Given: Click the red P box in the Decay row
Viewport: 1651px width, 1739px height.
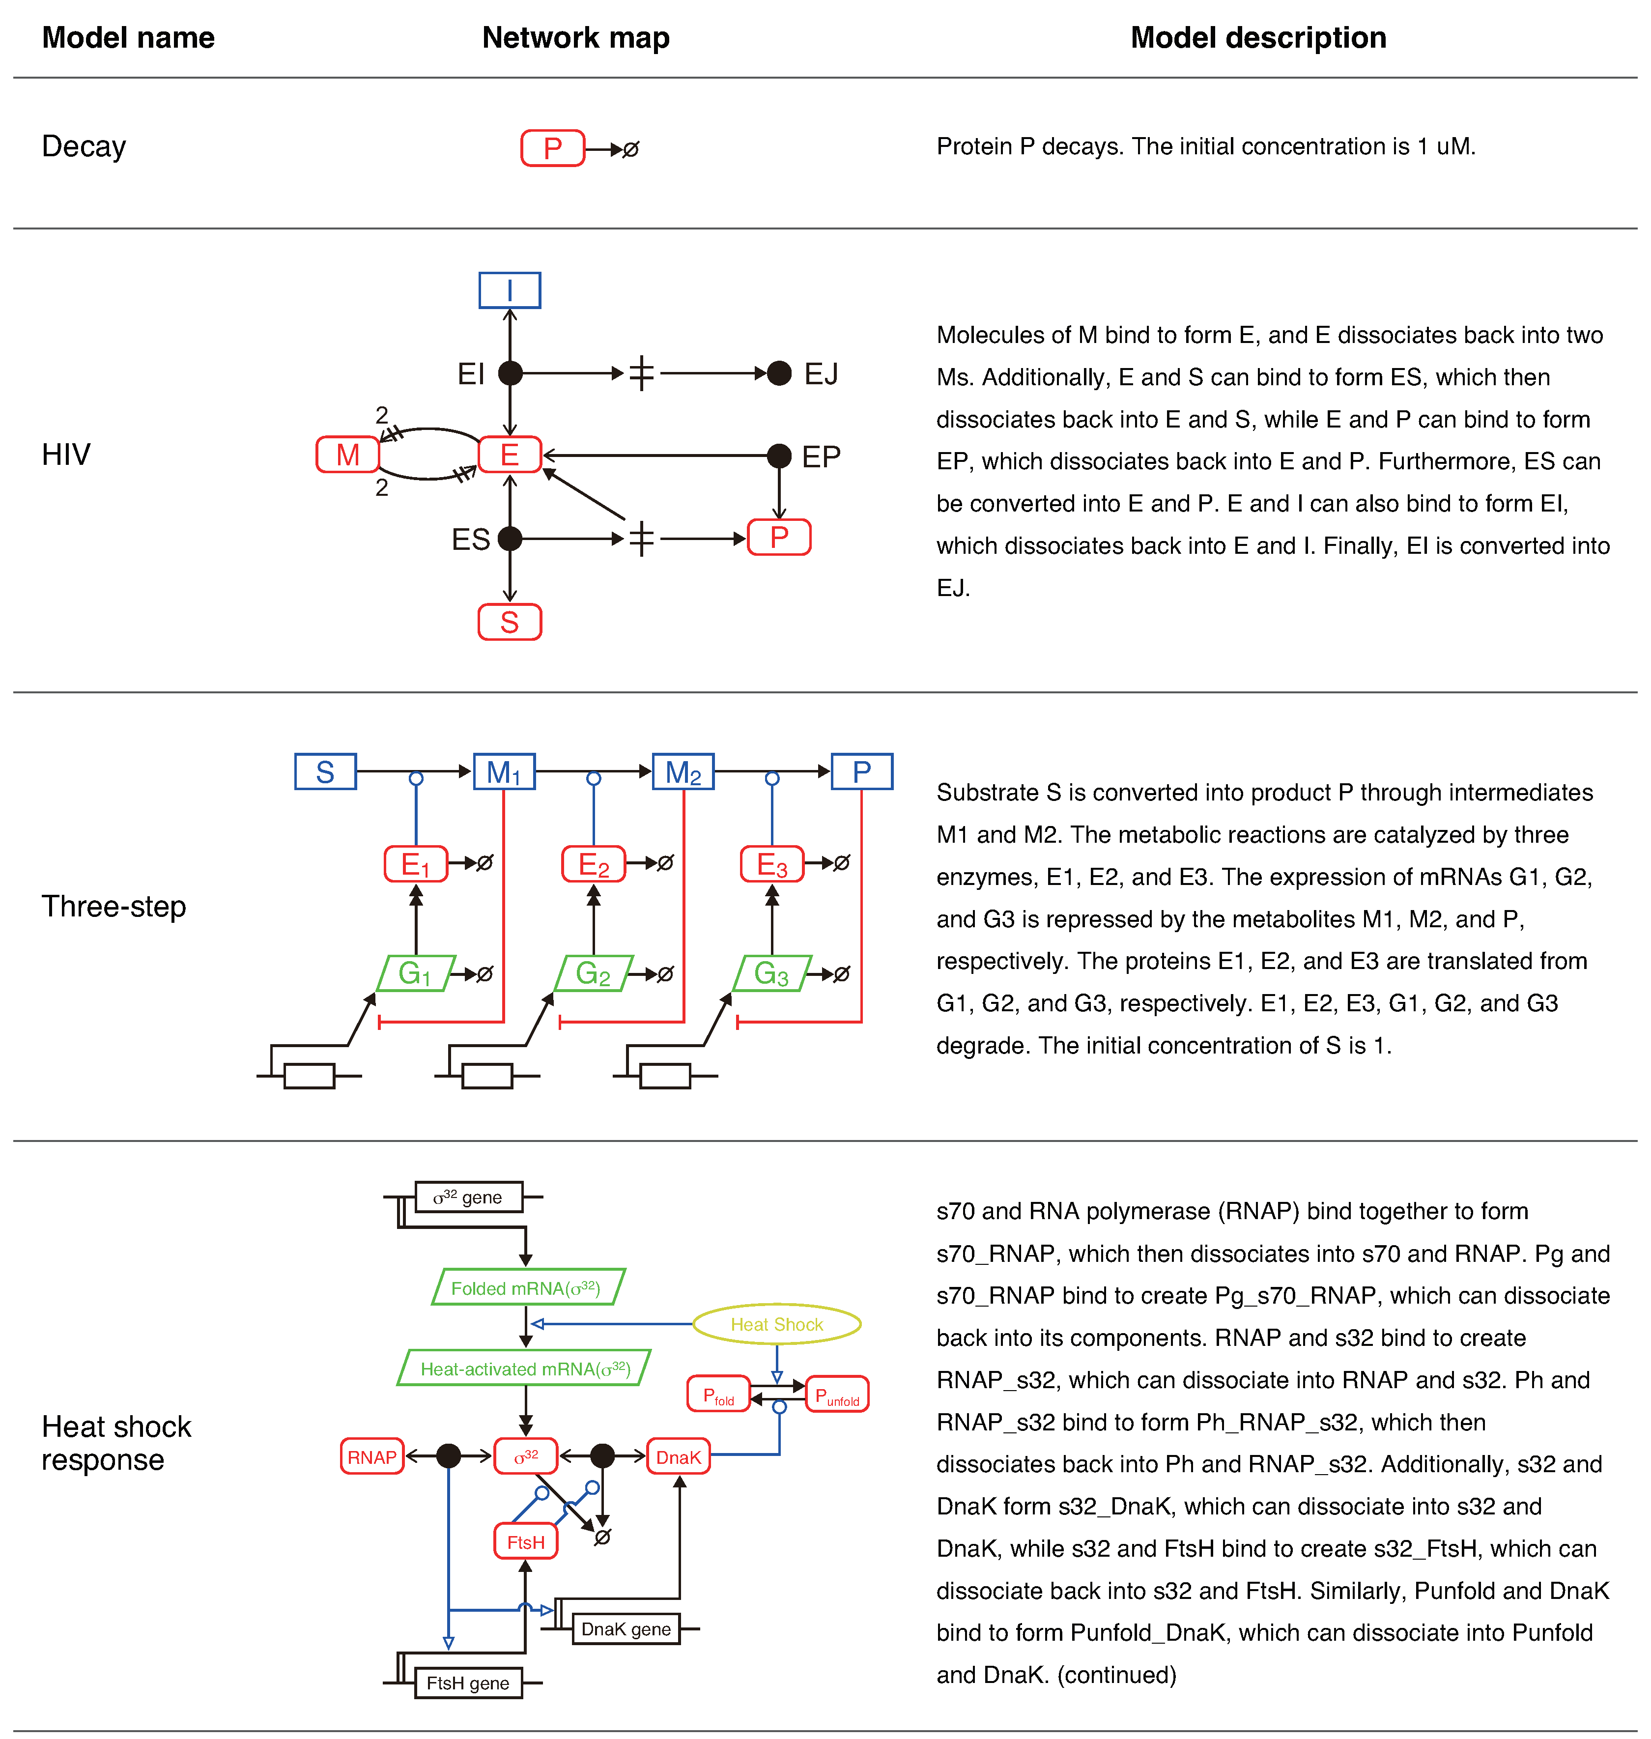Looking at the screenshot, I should pyautogui.click(x=553, y=148).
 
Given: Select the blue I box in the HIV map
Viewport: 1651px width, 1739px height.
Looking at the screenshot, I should pyautogui.click(x=510, y=290).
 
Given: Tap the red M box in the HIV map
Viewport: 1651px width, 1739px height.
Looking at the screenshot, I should pyautogui.click(x=347, y=455).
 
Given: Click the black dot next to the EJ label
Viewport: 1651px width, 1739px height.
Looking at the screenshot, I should pyautogui.click(x=779, y=373).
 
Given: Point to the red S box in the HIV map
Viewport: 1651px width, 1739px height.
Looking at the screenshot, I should pyautogui.click(x=510, y=622).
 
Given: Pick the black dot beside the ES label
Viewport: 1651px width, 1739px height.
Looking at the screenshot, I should pyautogui.click(x=510, y=539).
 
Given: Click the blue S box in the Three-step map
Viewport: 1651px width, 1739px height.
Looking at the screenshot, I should pyautogui.click(x=325, y=772).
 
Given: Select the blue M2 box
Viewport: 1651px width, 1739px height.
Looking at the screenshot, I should pyautogui.click(x=683, y=772).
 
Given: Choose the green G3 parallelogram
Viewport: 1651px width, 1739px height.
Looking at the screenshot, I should pyautogui.click(x=771, y=973).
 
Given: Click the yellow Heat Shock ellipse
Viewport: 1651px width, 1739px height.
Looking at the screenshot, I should pyautogui.click(x=777, y=1324).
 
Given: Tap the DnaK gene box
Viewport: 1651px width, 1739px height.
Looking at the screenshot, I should pyautogui.click(x=626, y=1629).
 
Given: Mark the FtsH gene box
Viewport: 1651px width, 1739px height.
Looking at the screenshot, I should pyautogui.click(x=468, y=1682).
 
